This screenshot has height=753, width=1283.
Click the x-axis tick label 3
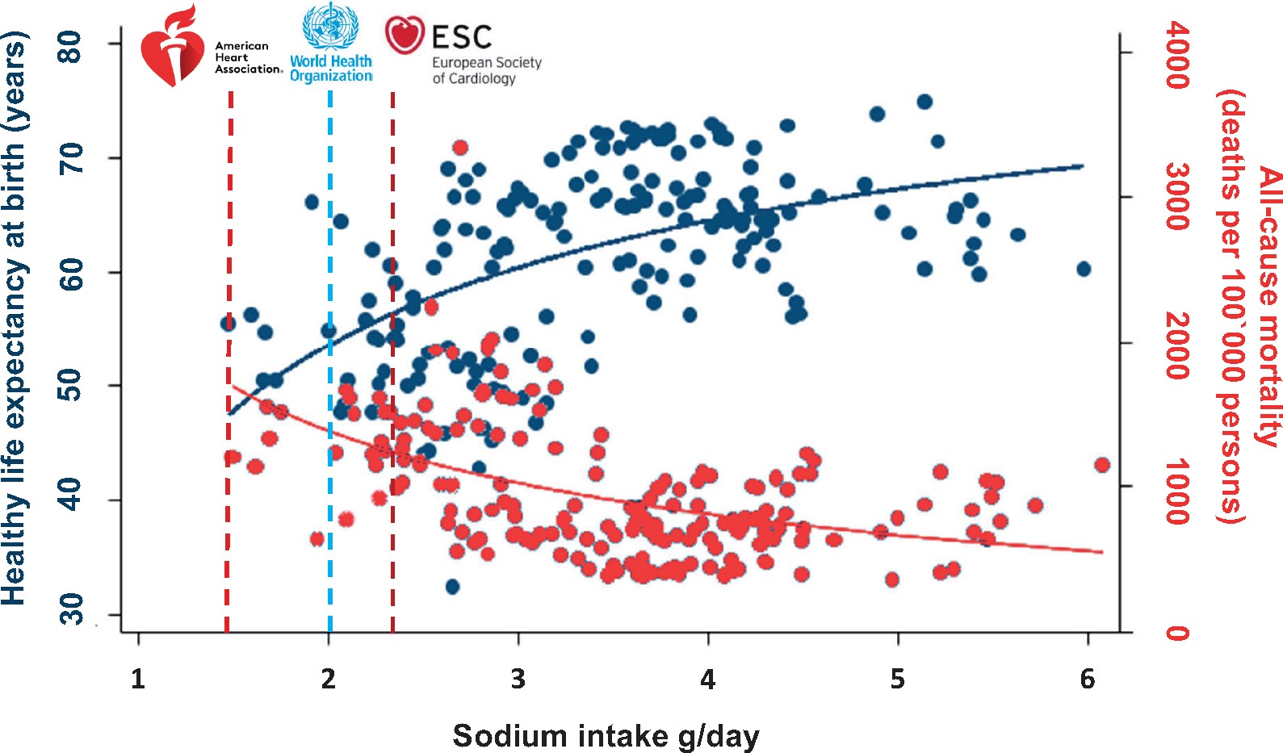tap(518, 679)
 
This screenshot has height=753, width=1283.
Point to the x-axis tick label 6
tap(1088, 679)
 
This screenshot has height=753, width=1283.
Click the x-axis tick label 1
tap(138, 679)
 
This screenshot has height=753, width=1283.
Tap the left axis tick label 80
tap(71, 46)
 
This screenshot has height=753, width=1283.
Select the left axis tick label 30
tap(71, 609)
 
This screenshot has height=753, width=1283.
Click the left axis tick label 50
tap(71, 384)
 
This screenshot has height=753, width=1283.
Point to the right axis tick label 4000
tap(1176, 55)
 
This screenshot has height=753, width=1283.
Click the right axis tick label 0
tap(1176, 632)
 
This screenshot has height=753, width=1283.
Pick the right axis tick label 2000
tap(1176, 345)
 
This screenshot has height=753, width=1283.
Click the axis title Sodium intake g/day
tap(606, 735)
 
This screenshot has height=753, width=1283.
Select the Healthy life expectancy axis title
tap(15, 319)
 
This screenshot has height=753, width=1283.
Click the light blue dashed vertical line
tap(330, 363)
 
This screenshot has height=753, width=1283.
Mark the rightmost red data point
tap(1102, 465)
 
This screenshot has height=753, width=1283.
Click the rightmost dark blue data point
tap(1084, 269)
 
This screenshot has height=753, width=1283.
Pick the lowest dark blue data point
tap(452, 586)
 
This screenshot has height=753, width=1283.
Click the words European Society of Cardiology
tap(486, 70)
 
